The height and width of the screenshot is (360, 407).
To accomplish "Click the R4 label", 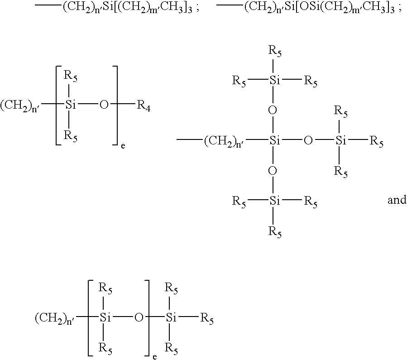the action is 144,106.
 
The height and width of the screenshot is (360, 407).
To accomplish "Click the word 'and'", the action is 397,200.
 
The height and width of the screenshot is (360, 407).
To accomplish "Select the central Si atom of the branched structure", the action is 275,140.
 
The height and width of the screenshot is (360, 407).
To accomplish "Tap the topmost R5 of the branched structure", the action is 275,51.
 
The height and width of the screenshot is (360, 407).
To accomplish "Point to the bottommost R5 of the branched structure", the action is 275,232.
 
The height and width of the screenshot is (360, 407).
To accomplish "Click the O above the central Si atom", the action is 273,110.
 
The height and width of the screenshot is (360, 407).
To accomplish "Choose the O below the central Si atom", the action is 273,171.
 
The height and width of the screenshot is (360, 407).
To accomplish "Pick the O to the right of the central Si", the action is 308,140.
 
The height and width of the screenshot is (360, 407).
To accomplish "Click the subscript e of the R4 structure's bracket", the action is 123,146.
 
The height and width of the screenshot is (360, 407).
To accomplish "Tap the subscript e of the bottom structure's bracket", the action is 155,357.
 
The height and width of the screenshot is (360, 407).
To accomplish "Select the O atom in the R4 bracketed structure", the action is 104,105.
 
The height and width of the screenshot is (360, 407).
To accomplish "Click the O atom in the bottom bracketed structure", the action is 139,317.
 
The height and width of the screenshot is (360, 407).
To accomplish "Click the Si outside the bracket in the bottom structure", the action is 171,317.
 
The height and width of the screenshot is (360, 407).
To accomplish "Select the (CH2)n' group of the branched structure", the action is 224,141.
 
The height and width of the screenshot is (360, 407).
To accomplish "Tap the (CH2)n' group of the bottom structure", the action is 55,318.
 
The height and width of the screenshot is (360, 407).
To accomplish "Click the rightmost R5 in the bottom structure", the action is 207,319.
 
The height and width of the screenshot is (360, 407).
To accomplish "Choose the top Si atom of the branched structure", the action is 275,81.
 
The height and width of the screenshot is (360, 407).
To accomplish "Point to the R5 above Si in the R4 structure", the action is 71,77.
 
